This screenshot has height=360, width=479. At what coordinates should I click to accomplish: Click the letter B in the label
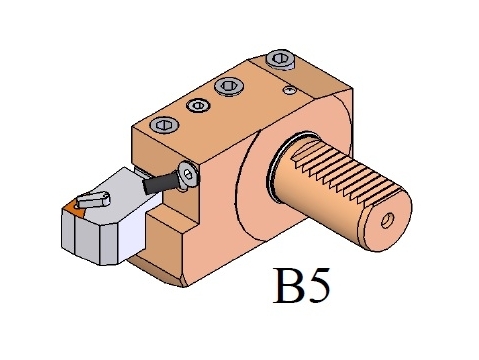click(x=288, y=286)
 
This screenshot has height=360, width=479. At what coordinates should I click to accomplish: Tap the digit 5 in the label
click(x=318, y=286)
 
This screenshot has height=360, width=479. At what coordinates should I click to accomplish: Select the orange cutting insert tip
click(x=74, y=209)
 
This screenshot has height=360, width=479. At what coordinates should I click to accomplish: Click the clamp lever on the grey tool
click(x=93, y=200)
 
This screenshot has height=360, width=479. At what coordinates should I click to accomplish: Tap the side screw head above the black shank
click(x=188, y=175)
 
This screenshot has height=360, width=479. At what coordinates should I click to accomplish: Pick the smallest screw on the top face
click(x=198, y=106)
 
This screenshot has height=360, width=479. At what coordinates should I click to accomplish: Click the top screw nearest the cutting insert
click(x=164, y=125)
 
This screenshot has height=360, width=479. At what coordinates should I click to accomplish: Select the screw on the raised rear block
click(x=281, y=59)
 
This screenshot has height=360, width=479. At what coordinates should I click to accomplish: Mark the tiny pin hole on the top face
click(x=289, y=90)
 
